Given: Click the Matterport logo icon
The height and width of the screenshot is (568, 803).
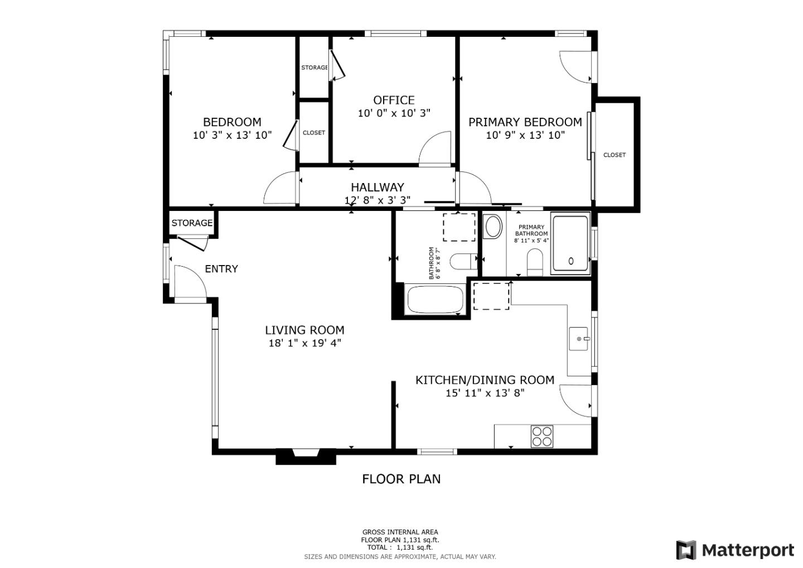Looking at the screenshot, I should (x=686, y=550).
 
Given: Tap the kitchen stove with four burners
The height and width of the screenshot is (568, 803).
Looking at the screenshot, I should (x=541, y=436).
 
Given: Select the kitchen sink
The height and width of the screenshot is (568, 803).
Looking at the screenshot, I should (x=579, y=339).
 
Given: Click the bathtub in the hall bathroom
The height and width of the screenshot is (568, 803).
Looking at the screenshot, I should (x=435, y=300).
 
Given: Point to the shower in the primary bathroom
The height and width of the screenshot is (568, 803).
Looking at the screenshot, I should (x=570, y=244).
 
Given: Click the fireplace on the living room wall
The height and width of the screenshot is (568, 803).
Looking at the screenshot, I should (x=306, y=456).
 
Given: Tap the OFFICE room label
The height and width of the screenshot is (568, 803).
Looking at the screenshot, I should (x=394, y=100).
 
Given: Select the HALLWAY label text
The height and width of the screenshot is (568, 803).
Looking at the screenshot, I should (x=377, y=187).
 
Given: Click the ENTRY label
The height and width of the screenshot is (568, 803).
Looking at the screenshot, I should (x=221, y=269).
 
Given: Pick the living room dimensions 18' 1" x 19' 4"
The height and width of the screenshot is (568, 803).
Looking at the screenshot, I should (x=304, y=343).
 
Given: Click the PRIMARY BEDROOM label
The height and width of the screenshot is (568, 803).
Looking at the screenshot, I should (x=525, y=122).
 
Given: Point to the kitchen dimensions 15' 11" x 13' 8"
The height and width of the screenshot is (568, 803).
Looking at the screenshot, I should (x=485, y=393).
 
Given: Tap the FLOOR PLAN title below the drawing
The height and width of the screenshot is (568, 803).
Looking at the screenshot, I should (x=401, y=479).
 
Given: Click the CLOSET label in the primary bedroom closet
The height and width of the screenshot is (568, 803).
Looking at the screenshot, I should (x=614, y=155).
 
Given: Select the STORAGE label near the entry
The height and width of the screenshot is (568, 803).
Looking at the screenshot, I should (x=192, y=223).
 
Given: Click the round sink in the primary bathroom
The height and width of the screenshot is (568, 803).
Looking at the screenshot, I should (x=493, y=227).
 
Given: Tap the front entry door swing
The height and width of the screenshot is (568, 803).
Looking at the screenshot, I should (x=190, y=282).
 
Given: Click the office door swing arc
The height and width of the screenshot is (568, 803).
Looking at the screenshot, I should (x=435, y=148).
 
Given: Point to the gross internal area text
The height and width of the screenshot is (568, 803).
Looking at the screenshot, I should (x=400, y=532).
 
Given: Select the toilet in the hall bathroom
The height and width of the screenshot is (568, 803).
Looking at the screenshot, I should (x=463, y=261).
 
